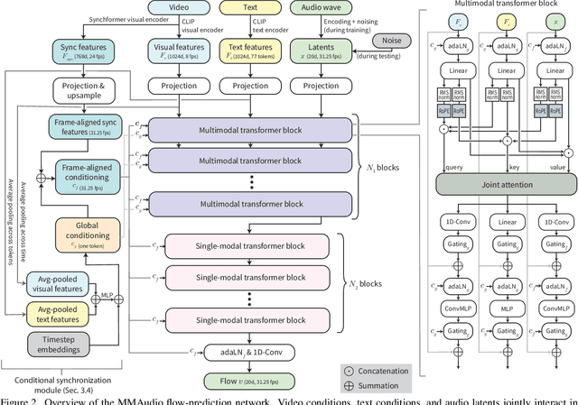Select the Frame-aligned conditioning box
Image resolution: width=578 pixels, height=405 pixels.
pos(87,171)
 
